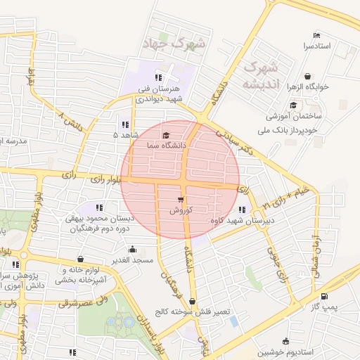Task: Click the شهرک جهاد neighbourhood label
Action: pyautogui.click(x=174, y=44)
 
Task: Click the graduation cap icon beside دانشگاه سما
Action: pyautogui.click(x=166, y=135)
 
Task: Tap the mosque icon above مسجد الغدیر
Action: pyautogui.click(x=133, y=249)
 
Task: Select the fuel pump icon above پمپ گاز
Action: pyautogui.click(x=324, y=297)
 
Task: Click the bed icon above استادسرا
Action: pyautogui.click(x=317, y=35)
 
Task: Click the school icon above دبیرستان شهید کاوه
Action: pyautogui.click(x=243, y=210)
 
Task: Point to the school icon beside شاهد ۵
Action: pyautogui.click(x=125, y=124)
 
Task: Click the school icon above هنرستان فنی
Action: pyautogui.click(x=159, y=77)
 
